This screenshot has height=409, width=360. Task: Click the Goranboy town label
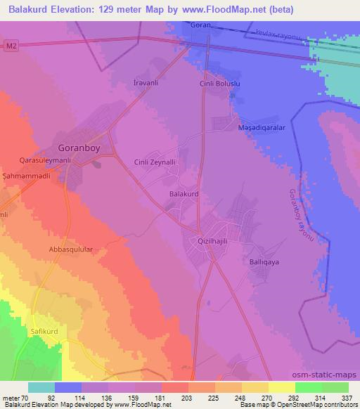pyautogui.click(x=80, y=148)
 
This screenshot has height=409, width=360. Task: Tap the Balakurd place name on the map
pyautogui.click(x=185, y=191)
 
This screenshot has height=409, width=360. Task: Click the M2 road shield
pyautogui.click(x=9, y=47)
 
